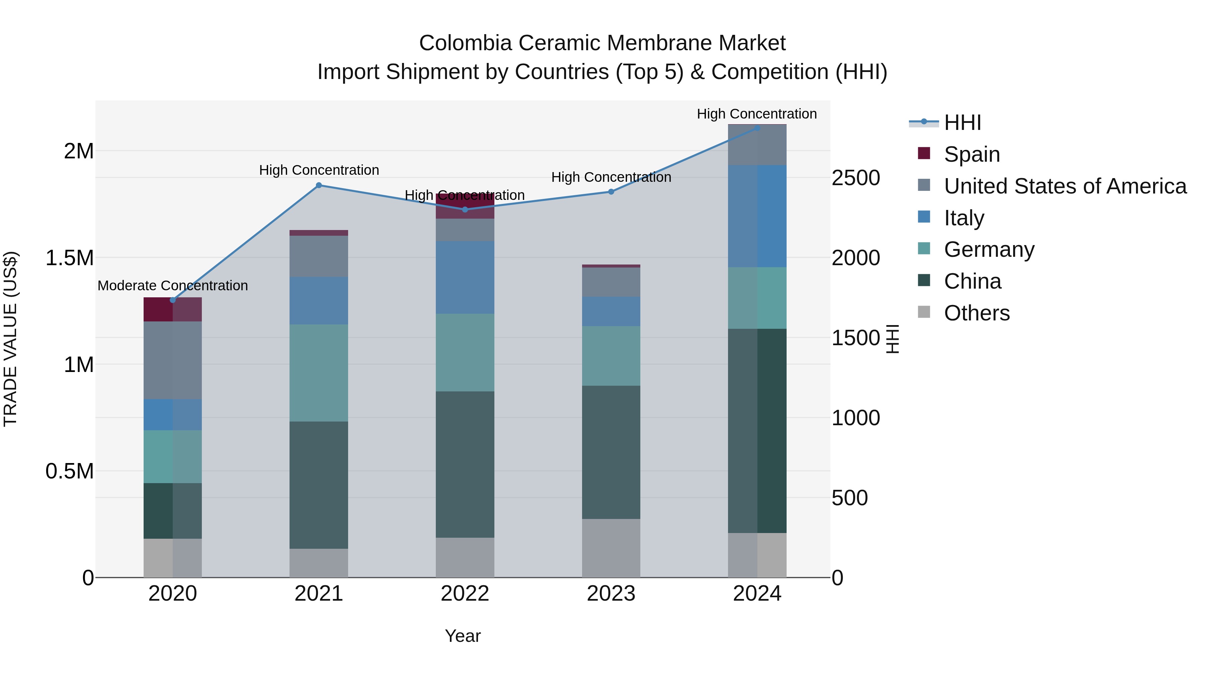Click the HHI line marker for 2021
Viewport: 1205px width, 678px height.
point(319,185)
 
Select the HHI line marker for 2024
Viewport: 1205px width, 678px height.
point(757,128)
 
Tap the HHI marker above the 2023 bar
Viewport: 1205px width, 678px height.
point(611,192)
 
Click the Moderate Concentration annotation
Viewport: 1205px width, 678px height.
point(173,285)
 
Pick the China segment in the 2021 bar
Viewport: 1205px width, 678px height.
point(319,485)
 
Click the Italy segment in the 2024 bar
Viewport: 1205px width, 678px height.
point(757,216)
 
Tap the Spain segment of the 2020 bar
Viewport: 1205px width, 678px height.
point(173,309)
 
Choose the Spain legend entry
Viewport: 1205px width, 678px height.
point(972,154)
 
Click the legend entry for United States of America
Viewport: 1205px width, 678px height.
point(1065,186)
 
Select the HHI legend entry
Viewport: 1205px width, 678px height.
point(962,123)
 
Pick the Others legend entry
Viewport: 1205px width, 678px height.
point(976,313)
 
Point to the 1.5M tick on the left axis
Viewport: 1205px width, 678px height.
point(70,258)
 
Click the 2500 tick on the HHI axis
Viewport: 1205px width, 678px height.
point(856,178)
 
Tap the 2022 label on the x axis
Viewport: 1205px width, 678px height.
point(465,594)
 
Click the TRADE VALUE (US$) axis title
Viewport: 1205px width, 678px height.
point(11,339)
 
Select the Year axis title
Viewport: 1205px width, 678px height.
point(463,636)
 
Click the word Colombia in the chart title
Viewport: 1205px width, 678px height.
point(466,43)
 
